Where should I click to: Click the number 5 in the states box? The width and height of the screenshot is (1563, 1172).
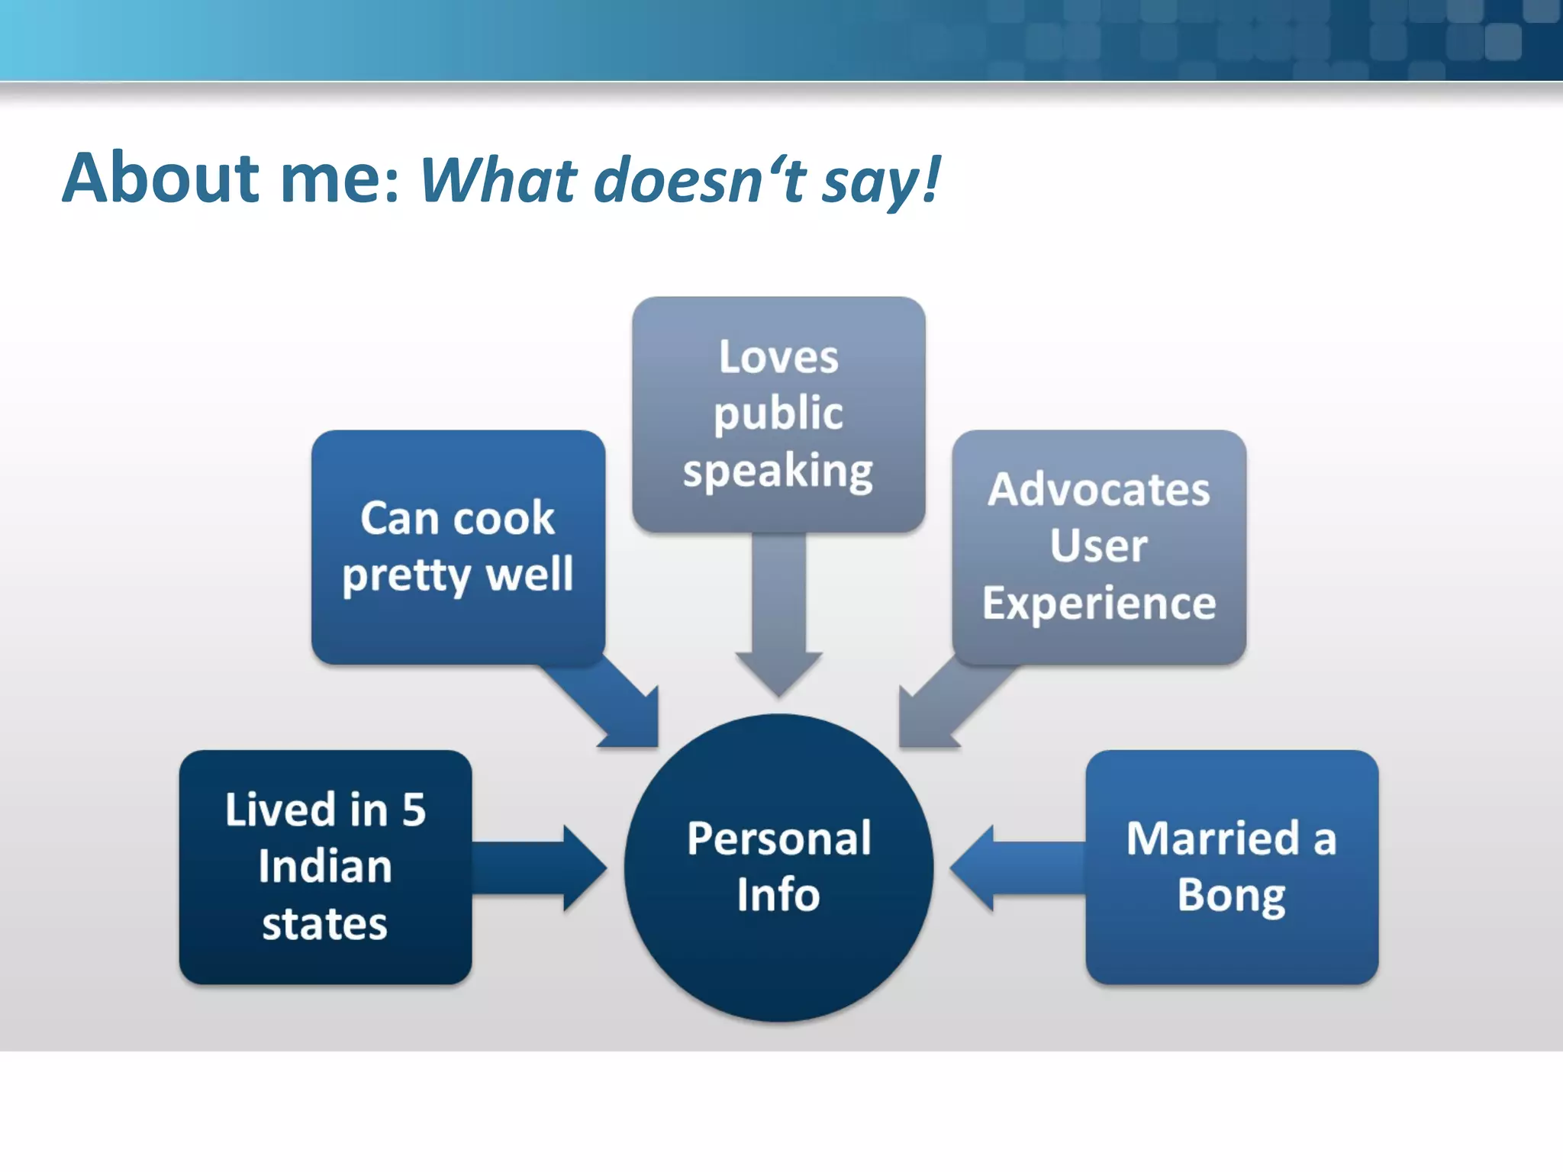(x=414, y=810)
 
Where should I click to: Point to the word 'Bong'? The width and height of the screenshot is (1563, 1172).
(x=1231, y=895)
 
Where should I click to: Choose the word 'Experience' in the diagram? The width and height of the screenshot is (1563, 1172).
(x=1099, y=603)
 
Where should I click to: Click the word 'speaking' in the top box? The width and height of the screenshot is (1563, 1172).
(x=778, y=471)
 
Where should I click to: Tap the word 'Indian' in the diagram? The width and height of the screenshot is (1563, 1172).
(x=325, y=867)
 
